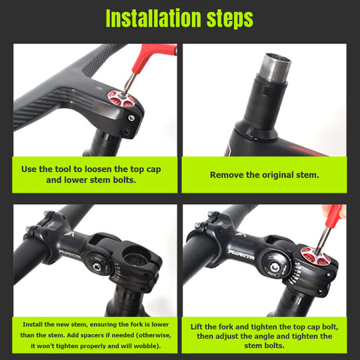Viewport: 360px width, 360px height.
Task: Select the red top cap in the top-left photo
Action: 122,101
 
